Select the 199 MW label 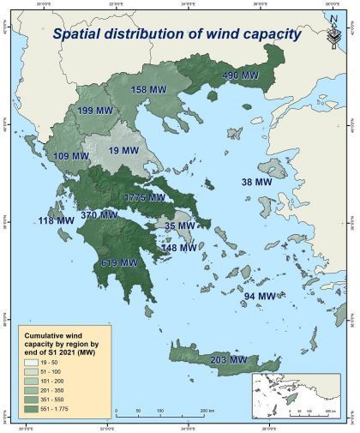[x=97, y=111]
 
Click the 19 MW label [x=123, y=151]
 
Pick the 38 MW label [x=258, y=183]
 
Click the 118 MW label [x=57, y=221]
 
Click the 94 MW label [x=261, y=297]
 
